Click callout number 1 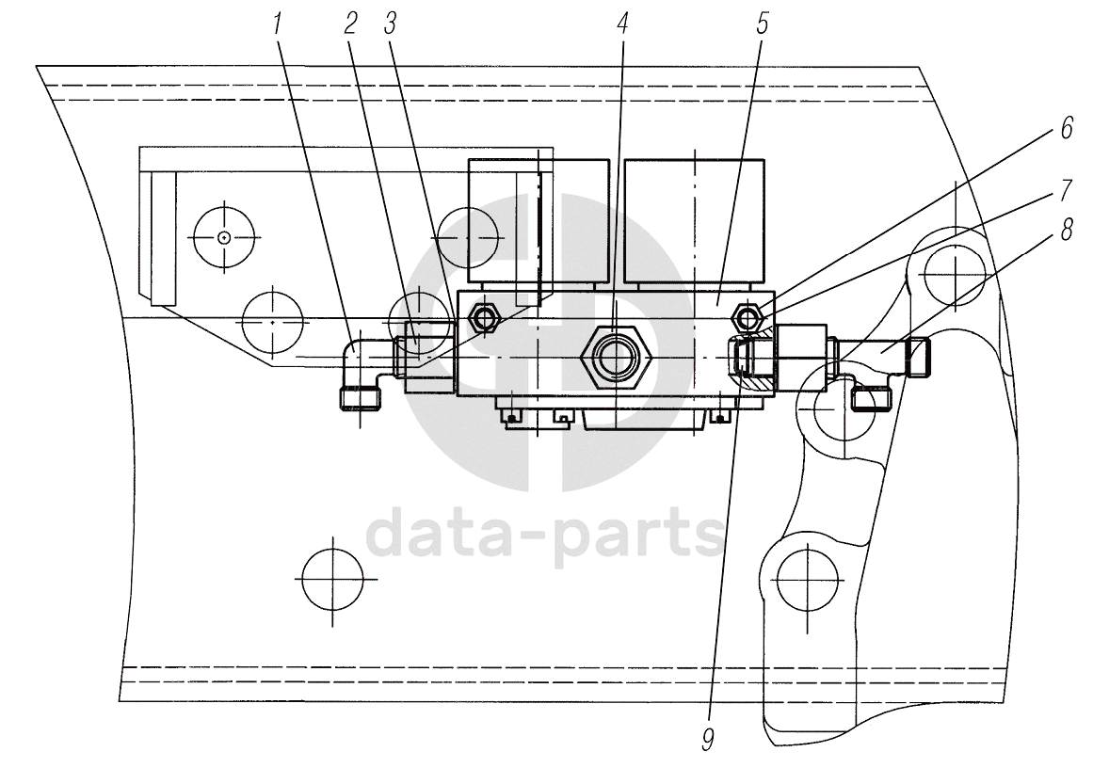pos(280,24)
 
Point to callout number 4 pos(622,24)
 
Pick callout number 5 pos(762,24)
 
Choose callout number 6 pos(1066,129)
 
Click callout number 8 pos(1066,232)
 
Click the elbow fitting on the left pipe pos(360,373)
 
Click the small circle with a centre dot pos(223,237)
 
